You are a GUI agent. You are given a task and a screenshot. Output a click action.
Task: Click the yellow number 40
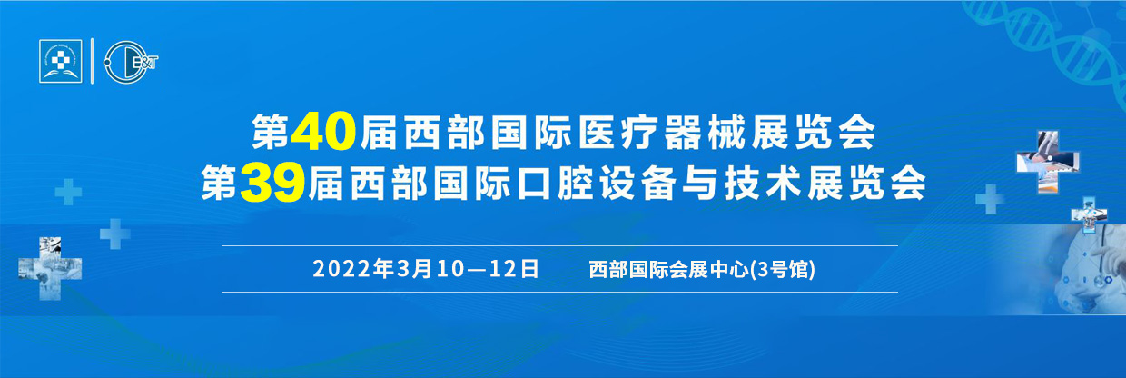(x=323, y=133)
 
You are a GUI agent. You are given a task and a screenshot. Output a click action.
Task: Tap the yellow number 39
(x=272, y=184)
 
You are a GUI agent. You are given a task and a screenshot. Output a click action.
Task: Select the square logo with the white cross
(x=61, y=61)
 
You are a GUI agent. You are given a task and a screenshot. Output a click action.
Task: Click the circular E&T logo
(x=130, y=62)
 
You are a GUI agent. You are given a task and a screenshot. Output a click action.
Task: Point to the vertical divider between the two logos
(x=93, y=61)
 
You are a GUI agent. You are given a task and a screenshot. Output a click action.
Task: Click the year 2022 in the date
(x=342, y=269)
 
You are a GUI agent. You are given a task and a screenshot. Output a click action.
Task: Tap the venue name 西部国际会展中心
(x=669, y=270)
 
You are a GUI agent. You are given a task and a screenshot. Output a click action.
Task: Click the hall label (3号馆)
(x=783, y=270)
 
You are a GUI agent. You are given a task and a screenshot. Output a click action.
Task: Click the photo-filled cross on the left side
(x=50, y=269)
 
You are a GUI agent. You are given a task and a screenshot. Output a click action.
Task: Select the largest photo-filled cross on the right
(x=1048, y=162)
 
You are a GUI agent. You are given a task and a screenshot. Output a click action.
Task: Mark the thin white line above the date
(x=559, y=246)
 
